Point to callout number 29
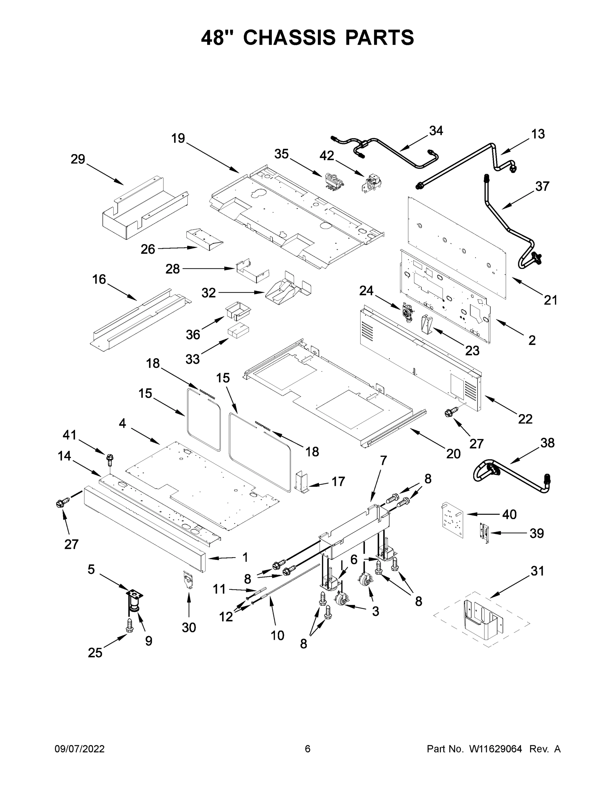pyautogui.click(x=78, y=159)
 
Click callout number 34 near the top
pyautogui.click(x=436, y=130)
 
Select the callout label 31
pyautogui.click(x=537, y=571)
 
